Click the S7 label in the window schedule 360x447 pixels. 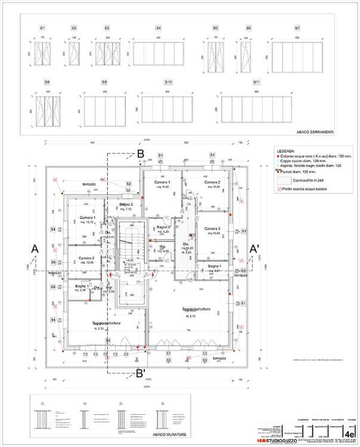tap(297, 28)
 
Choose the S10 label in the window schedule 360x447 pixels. tap(169, 82)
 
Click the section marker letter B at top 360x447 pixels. tap(141, 154)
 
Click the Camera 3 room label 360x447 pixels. tap(212, 229)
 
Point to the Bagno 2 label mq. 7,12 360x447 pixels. tap(125, 206)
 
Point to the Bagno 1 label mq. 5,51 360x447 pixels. tap(215, 268)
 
